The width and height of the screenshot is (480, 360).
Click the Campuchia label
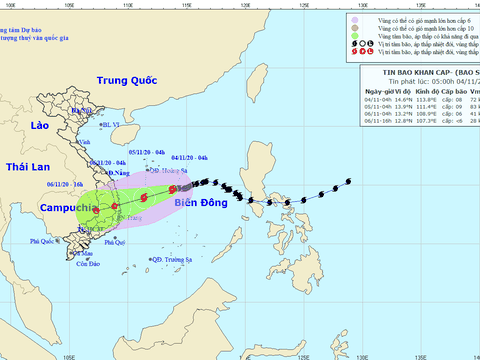(68, 208)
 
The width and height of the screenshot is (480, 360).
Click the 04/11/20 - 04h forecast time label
(189, 158)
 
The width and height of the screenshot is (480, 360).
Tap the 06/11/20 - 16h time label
(64, 184)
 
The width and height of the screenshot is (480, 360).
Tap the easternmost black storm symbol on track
(347, 181)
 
